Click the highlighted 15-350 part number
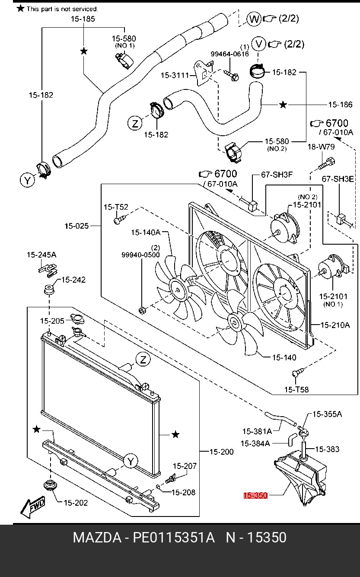(x=255, y=496)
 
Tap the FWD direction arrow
(x=32, y=507)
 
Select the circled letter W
(x=254, y=19)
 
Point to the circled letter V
(x=258, y=44)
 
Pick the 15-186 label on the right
(x=340, y=105)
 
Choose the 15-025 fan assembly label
(x=76, y=226)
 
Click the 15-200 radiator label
(x=221, y=452)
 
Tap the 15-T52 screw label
(x=115, y=207)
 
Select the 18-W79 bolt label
(x=321, y=147)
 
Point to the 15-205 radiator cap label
(x=52, y=321)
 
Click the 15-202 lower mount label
(x=76, y=503)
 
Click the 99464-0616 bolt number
(x=229, y=54)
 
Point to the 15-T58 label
(x=296, y=389)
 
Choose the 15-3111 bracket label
(x=175, y=75)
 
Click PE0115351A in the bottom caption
(x=173, y=538)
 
